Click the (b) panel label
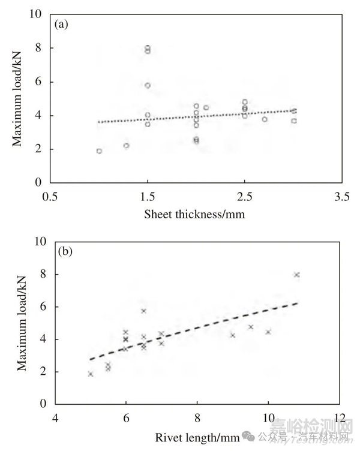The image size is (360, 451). [x=64, y=252]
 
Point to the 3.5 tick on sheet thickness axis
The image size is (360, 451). [x=341, y=196]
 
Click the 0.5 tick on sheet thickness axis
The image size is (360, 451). [x=50, y=196]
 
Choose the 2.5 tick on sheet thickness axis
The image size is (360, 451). [x=244, y=196]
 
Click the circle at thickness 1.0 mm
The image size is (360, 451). [x=99, y=151]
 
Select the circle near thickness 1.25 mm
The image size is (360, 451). [x=126, y=145]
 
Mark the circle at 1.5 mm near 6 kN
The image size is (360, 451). [x=148, y=85]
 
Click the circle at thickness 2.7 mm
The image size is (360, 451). [x=264, y=119]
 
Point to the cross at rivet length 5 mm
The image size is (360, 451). [x=91, y=374]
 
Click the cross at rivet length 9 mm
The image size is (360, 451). [x=232, y=335]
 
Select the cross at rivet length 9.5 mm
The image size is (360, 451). [x=250, y=327]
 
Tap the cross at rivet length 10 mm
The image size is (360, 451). [x=268, y=332]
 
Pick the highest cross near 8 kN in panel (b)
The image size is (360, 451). [x=296, y=275]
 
